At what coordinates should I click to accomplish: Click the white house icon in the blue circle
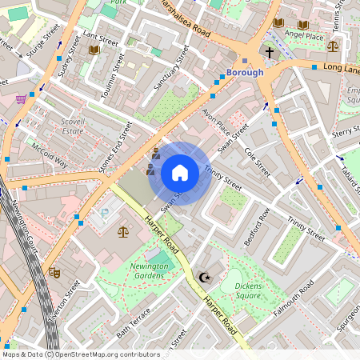pyautogui.click(x=180, y=172)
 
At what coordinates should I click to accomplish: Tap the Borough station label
pyautogui.click(x=245, y=73)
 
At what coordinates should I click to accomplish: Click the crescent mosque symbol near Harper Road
pyautogui.click(x=204, y=277)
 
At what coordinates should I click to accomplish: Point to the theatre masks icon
pyautogui.click(x=54, y=272)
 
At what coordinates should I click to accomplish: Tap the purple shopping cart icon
pyautogui.click(x=21, y=99)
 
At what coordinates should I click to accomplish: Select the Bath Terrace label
pyautogui.click(x=134, y=322)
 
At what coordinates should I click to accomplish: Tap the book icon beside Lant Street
pyautogui.click(x=94, y=50)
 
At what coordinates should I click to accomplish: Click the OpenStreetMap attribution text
pyautogui.click(x=80, y=354)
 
